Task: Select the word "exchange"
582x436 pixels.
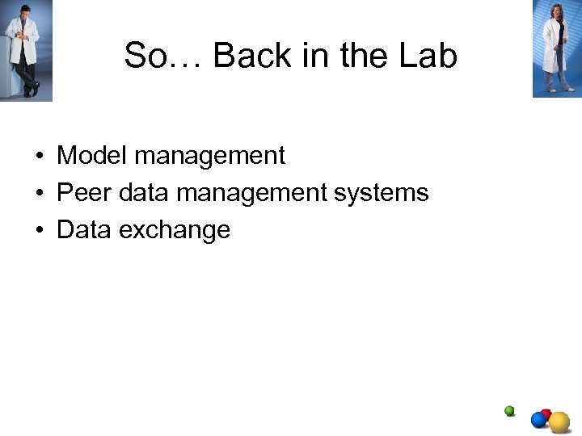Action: coord(174,230)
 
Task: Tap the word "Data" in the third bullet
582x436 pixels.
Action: coord(84,230)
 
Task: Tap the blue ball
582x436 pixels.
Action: coord(539,420)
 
